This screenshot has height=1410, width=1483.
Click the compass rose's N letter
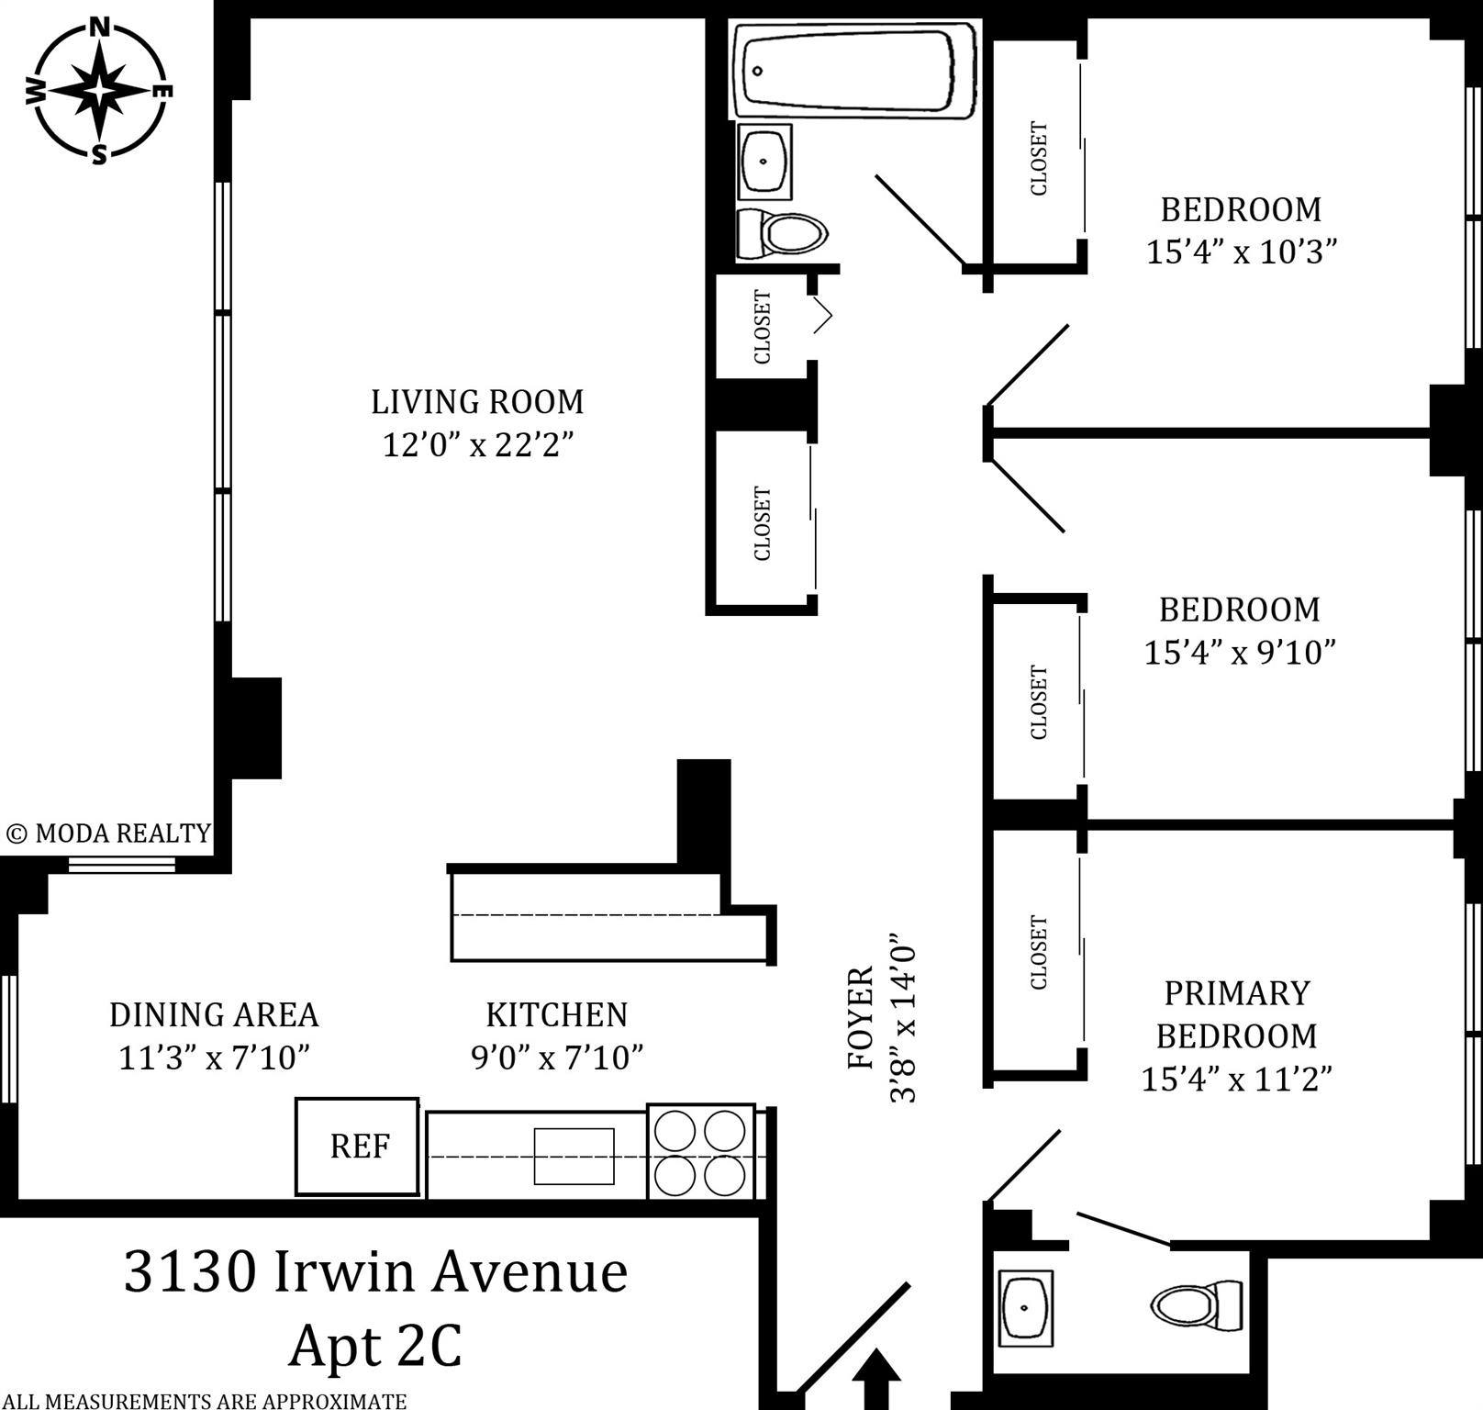pos(100,28)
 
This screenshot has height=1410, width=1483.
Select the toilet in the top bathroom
pos(783,233)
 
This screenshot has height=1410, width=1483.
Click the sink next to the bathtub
pos(764,162)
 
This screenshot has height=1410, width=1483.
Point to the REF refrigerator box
pos(358,1147)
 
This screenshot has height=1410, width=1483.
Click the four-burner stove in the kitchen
pos(701,1152)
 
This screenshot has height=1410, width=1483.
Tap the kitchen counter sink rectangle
pos(574,1156)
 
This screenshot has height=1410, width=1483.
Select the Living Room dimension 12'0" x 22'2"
pos(477,445)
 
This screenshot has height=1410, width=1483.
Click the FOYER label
pos(860,1017)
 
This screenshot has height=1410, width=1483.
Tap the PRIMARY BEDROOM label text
pos(1236,1014)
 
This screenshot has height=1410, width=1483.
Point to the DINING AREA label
pos(214,1014)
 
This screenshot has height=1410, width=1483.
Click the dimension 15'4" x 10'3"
pos(1241,252)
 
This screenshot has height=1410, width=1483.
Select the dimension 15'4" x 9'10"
pos(1239,652)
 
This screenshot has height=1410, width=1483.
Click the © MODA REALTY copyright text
pos(108,834)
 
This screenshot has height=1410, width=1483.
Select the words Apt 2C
pos(375,1347)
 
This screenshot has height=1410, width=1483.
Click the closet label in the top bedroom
pos(1039,158)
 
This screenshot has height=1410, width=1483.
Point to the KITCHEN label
pos(556,1014)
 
